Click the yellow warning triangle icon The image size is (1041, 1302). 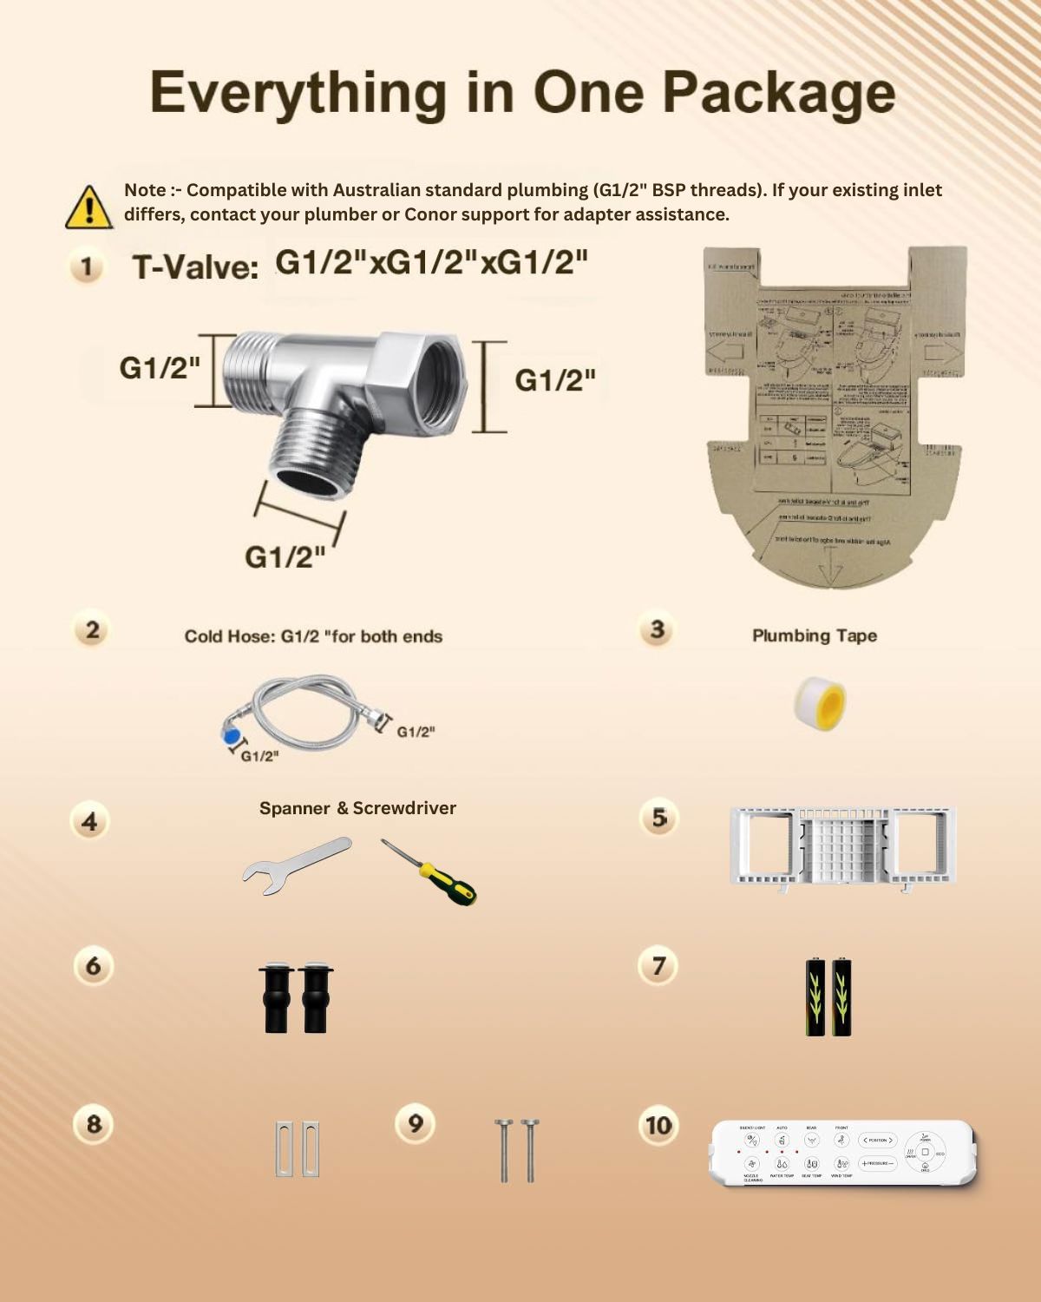pyautogui.click(x=88, y=207)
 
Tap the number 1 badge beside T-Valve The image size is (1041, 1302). pyautogui.click(x=86, y=266)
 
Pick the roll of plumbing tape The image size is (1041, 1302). pyautogui.click(x=820, y=702)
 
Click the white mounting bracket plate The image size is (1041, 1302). pyautogui.click(x=842, y=846)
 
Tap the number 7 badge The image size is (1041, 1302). pyautogui.click(x=658, y=965)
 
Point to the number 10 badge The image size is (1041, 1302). pyautogui.click(x=658, y=1125)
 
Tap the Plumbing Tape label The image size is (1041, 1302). pyautogui.click(x=814, y=635)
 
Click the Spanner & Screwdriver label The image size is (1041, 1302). pyautogui.click(x=357, y=808)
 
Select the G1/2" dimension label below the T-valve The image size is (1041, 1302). pyautogui.click(x=285, y=556)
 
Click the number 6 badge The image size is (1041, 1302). pyautogui.click(x=93, y=965)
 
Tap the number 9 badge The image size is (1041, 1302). pyautogui.click(x=415, y=1123)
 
